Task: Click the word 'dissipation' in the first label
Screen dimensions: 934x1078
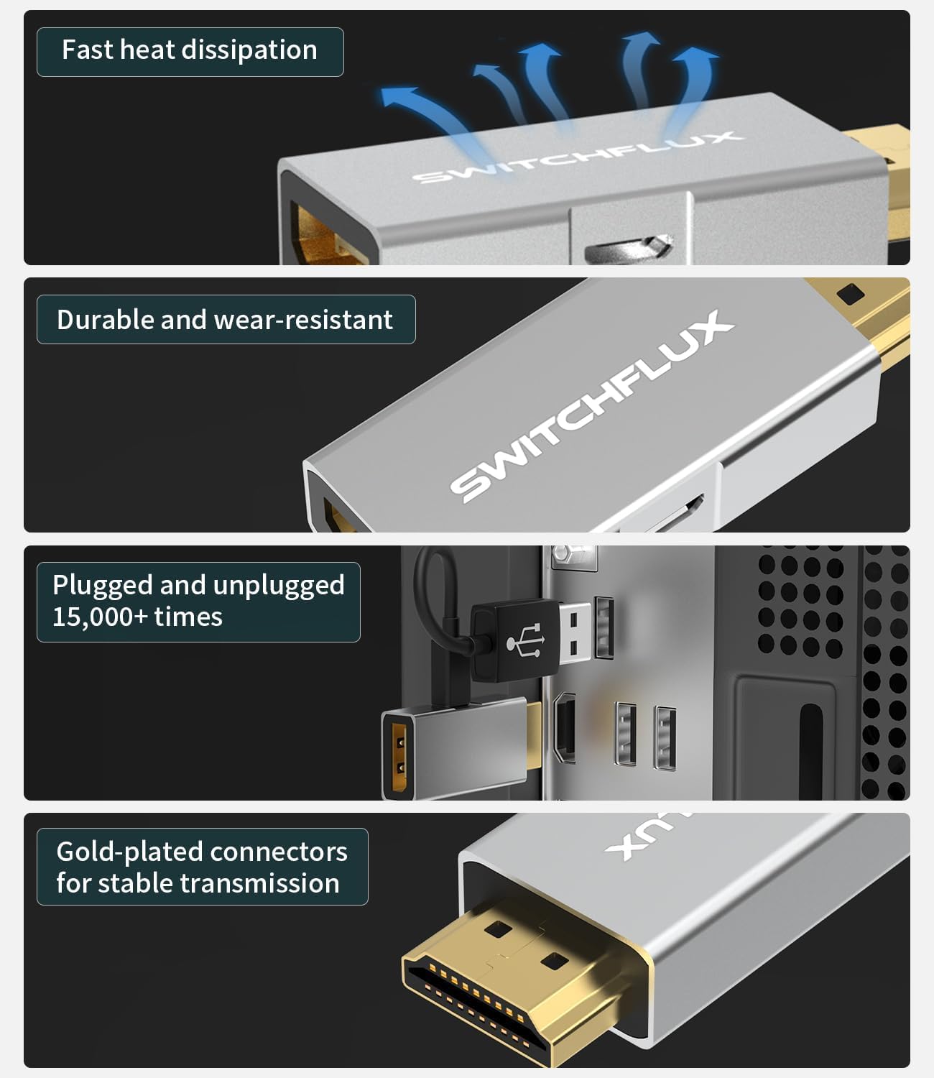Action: pyautogui.click(x=249, y=51)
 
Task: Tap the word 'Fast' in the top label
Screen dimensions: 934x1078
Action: pyautogui.click(x=88, y=50)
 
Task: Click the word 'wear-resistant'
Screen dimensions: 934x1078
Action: pyautogui.click(x=303, y=319)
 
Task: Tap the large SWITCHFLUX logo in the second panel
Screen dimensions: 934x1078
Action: pyautogui.click(x=592, y=407)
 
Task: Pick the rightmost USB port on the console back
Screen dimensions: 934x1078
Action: pyautogui.click(x=665, y=737)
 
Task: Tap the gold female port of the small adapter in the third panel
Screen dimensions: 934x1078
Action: pyautogui.click(x=399, y=757)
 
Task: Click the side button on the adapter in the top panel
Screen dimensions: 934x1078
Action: pyautogui.click(x=629, y=249)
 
